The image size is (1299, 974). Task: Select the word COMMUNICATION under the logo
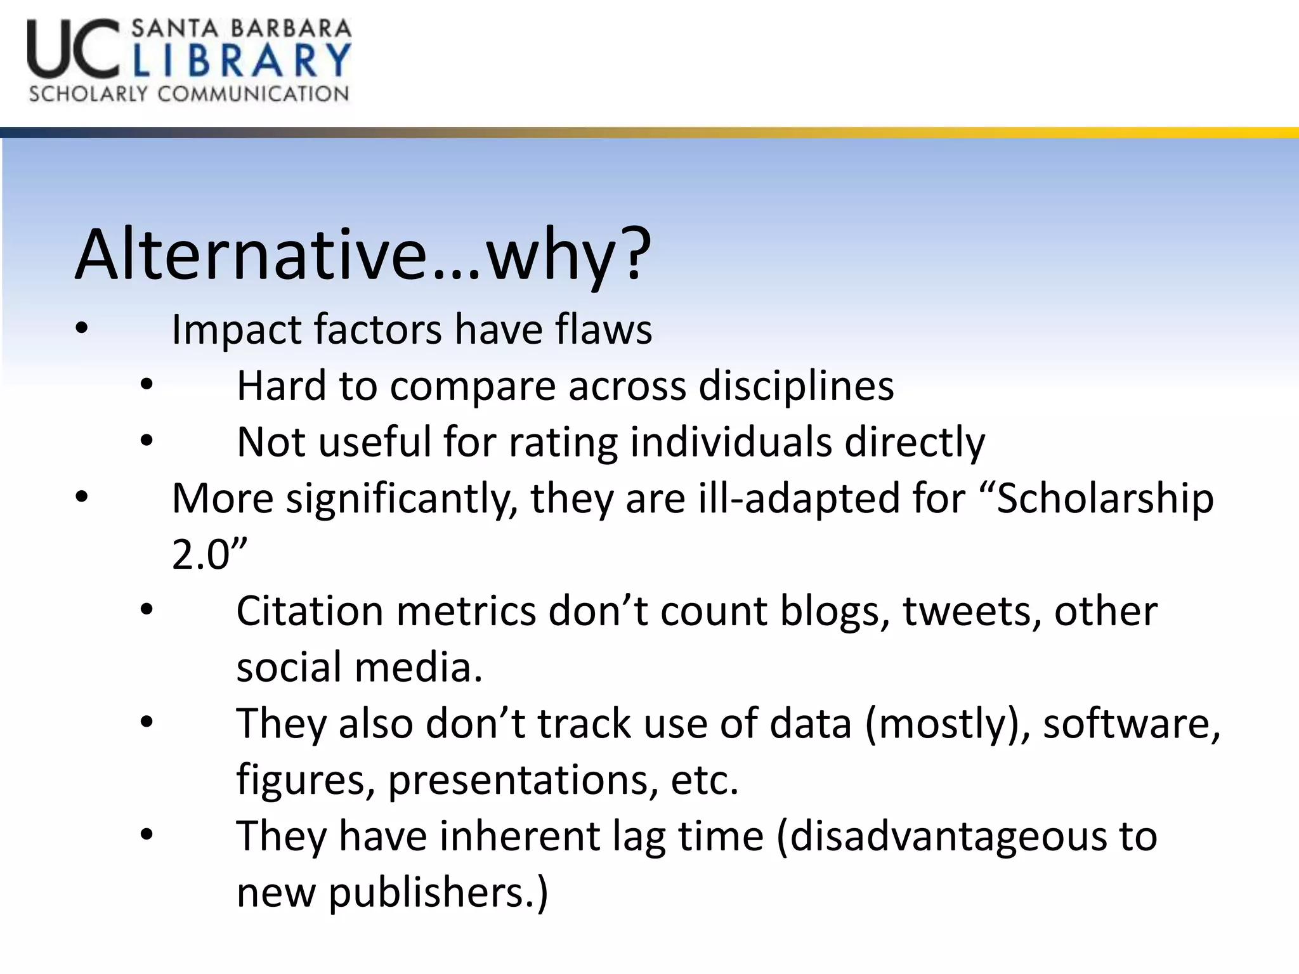coord(253,94)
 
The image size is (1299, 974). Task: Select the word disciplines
coord(796,386)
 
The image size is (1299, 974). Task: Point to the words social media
coord(359,668)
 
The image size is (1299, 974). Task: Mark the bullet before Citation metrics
coord(147,611)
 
